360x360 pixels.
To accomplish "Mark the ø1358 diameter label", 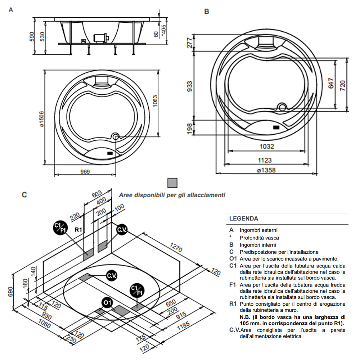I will click(267, 170).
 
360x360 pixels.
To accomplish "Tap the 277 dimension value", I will click(190, 42).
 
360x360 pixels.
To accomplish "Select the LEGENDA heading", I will click(244, 218).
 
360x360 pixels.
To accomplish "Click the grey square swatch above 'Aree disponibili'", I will click(173, 183).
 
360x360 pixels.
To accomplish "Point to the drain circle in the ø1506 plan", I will click(116, 136).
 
